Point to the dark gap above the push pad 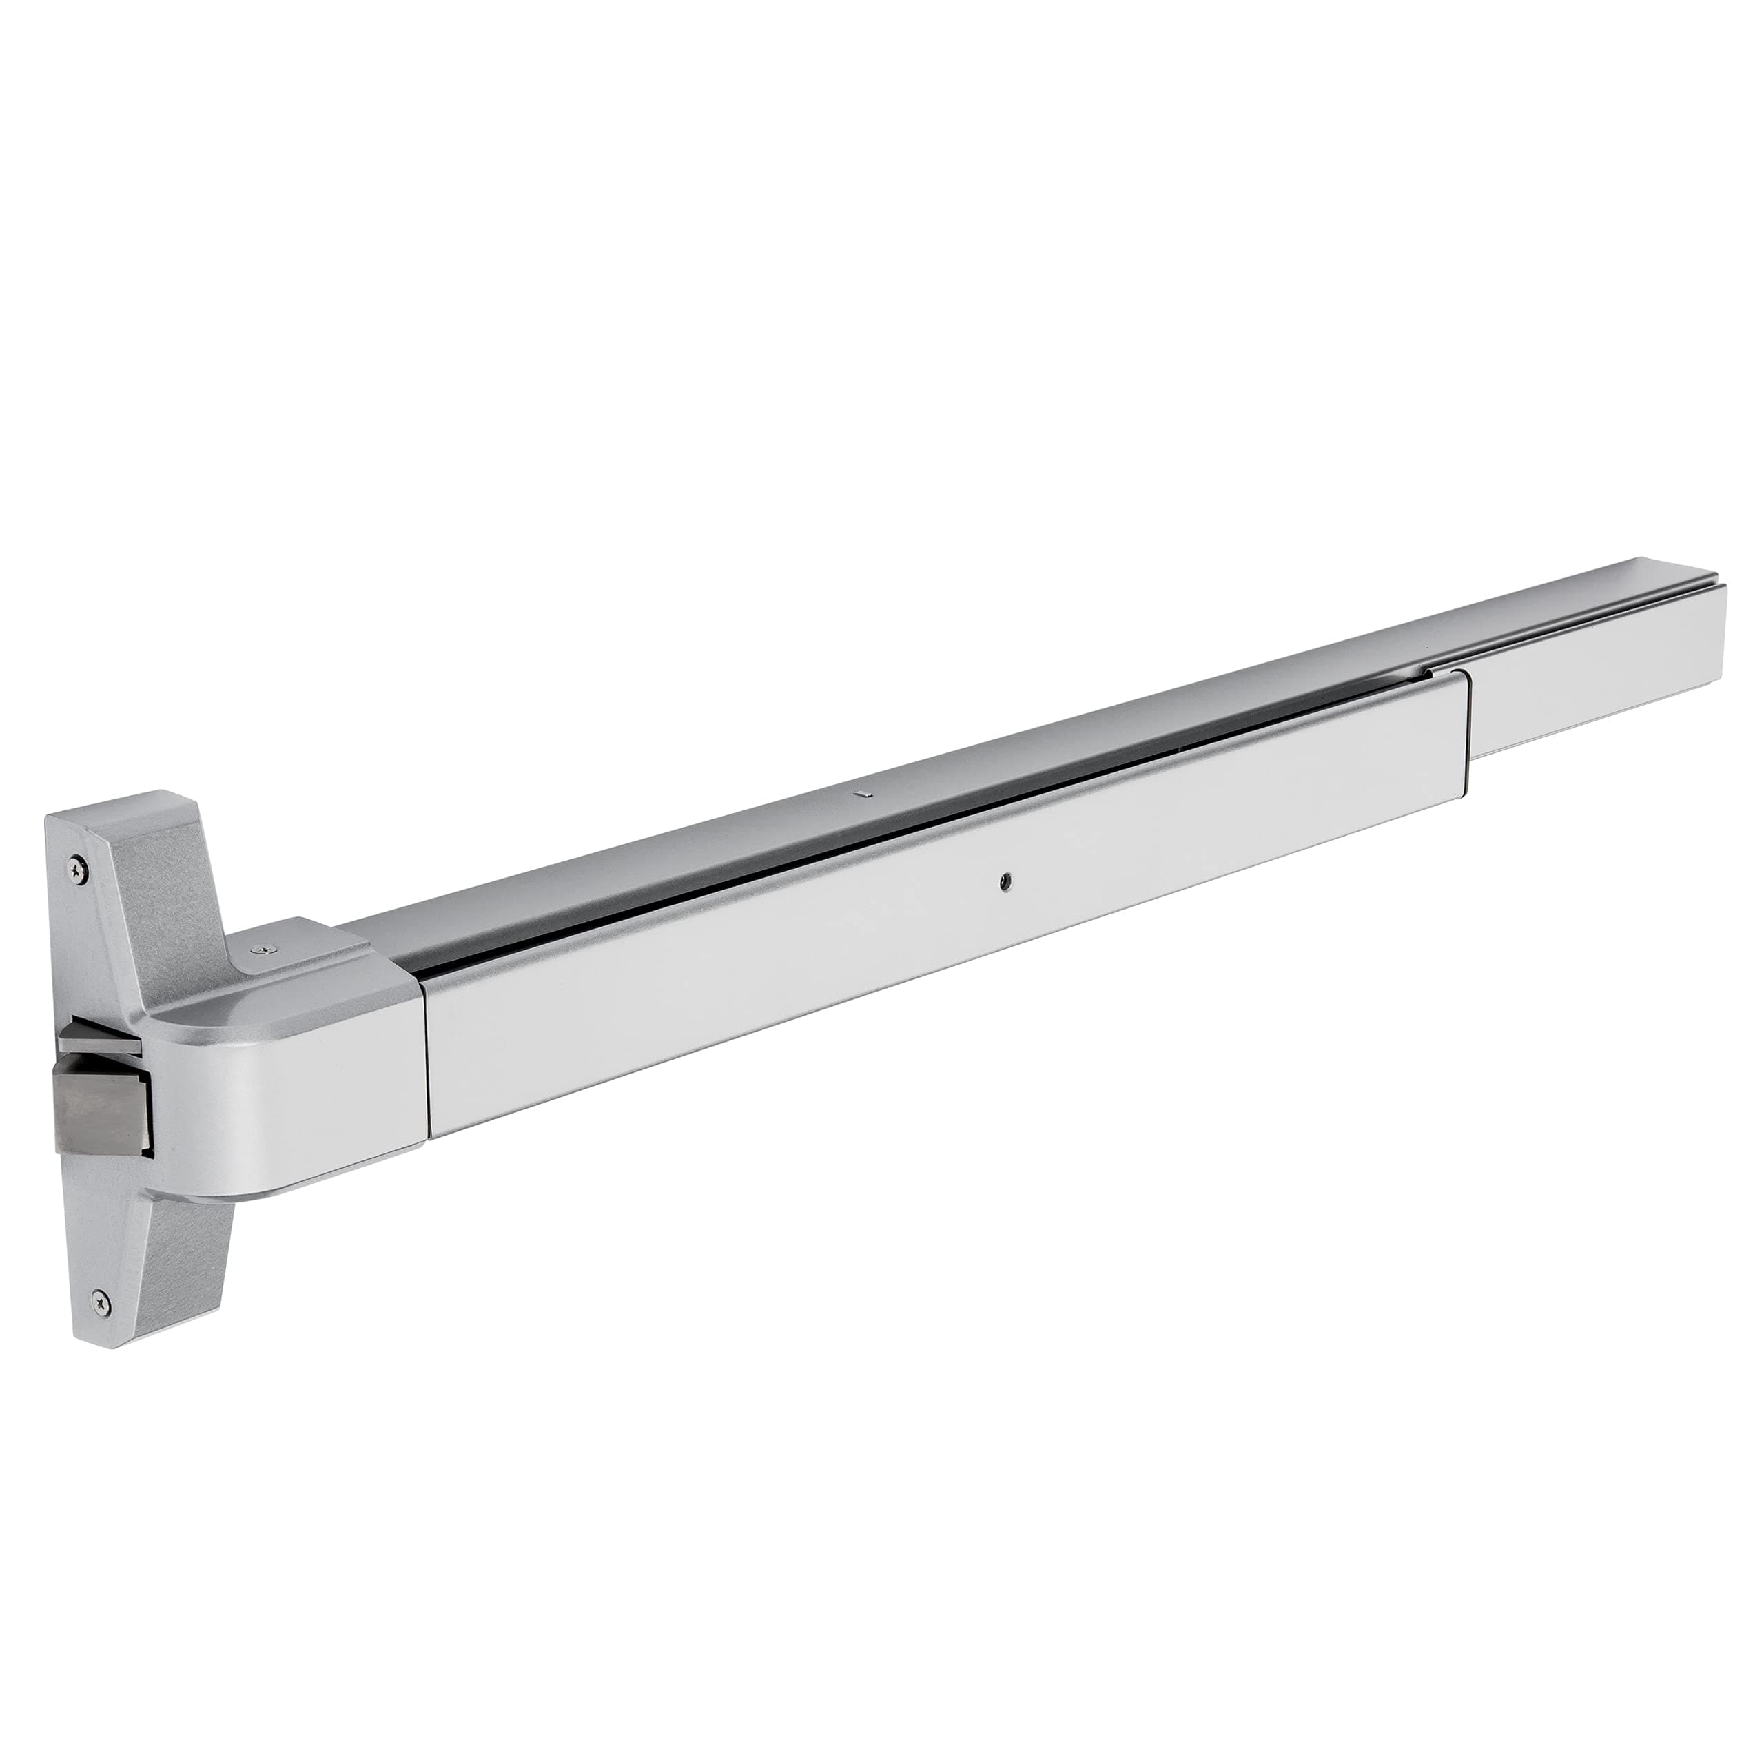tap(913, 832)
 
